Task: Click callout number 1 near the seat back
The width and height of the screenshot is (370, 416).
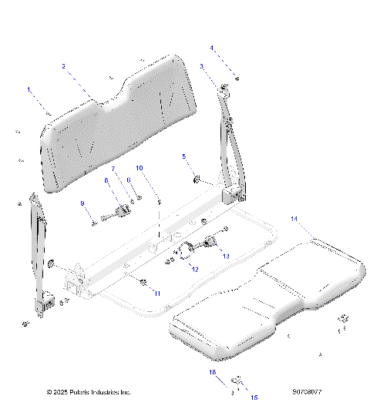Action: (30, 90)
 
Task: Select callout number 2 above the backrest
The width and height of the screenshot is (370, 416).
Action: (63, 66)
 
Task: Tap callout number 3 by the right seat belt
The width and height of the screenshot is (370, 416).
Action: (202, 67)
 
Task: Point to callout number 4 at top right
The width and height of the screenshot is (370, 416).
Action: (212, 48)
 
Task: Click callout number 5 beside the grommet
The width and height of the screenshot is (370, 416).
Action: (183, 156)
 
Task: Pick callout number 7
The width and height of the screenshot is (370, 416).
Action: (112, 168)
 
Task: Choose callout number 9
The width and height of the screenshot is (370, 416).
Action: (82, 203)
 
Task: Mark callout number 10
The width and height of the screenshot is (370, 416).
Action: (140, 167)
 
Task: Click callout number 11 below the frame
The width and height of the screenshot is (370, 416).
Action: (156, 292)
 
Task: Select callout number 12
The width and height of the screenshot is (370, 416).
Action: (195, 269)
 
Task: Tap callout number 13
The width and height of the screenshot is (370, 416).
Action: (226, 255)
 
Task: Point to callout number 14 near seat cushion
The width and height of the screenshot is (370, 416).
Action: (294, 220)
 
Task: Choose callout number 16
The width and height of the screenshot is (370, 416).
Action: (212, 372)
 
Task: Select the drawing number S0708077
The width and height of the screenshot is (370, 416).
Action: (307, 392)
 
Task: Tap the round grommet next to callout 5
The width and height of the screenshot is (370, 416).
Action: (197, 179)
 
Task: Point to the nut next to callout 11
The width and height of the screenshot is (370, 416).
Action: (143, 283)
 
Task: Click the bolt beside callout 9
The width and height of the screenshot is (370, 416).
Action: (95, 221)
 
